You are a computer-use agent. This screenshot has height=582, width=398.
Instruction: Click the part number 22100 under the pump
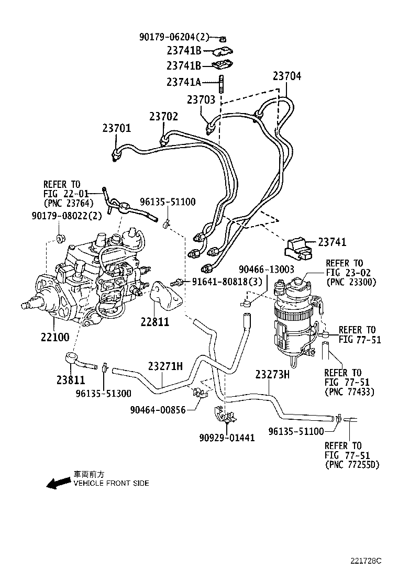55,337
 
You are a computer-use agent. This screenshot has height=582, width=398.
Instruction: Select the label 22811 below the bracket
155,321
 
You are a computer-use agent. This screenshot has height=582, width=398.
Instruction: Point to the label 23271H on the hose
165,366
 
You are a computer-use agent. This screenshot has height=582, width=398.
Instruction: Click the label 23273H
272,375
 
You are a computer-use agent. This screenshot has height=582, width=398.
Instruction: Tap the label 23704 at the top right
287,76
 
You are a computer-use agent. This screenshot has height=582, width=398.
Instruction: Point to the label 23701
116,128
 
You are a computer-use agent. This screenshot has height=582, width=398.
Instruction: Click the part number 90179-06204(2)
174,37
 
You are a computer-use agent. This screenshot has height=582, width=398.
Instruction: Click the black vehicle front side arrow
58,483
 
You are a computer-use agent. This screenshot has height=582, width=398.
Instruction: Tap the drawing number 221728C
366,561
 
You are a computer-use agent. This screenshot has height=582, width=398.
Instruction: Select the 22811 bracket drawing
167,298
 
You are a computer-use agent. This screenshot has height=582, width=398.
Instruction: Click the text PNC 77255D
352,464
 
